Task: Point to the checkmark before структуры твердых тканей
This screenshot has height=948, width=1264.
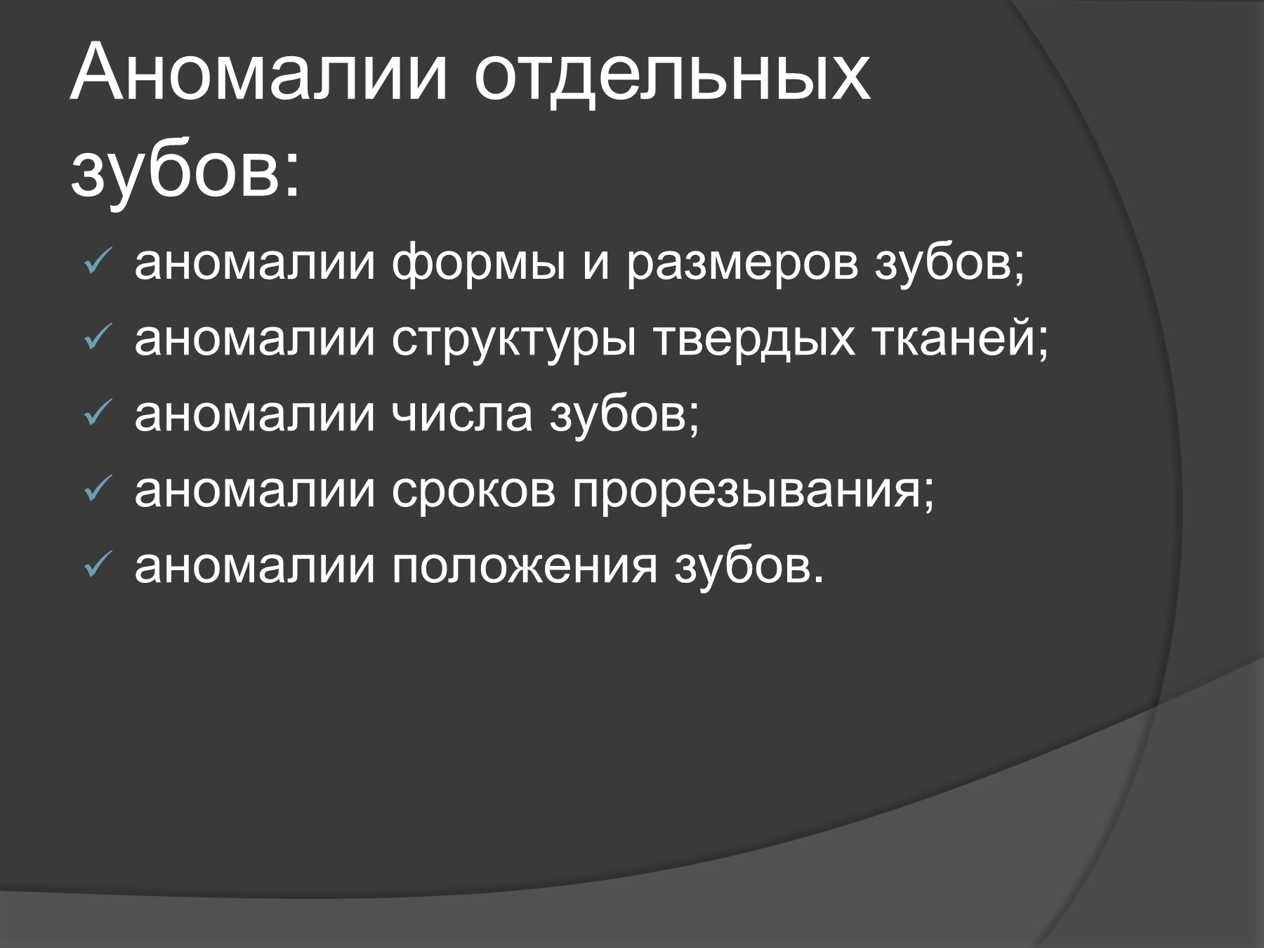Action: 94,341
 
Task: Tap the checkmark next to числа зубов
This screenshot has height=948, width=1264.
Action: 94,416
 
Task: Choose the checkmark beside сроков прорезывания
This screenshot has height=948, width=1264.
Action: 94,491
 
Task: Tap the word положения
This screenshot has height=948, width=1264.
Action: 524,566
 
